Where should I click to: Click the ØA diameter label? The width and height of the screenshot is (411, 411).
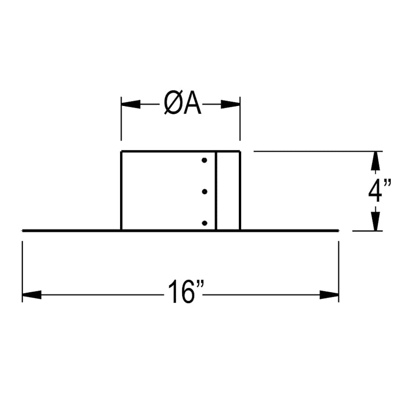coord(182,105)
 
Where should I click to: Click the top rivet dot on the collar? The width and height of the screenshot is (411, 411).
coord(204,160)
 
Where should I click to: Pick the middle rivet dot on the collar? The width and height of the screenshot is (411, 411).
coord(204,191)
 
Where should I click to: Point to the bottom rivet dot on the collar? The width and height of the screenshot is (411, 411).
coord(204,223)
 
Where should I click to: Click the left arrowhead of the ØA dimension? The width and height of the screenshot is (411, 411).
coord(130,105)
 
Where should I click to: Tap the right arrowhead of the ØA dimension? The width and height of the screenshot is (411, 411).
coord(231,105)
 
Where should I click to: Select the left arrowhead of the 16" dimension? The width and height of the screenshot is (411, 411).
coord(32,295)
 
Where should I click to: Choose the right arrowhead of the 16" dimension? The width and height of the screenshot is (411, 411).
coord(329,295)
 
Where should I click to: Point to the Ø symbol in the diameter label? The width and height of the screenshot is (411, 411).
coord(172,105)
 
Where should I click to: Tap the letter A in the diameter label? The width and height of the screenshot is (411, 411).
coord(192,105)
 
